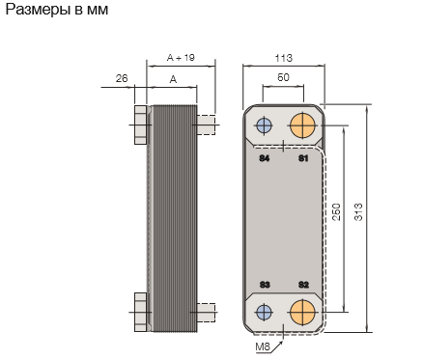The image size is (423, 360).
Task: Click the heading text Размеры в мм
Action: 57,10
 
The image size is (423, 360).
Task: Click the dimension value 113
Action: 284,58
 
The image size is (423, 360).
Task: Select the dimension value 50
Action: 283,77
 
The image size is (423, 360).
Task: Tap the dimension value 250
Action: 336,212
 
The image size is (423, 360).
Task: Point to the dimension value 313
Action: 358,212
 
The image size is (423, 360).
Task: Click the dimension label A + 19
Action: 181,58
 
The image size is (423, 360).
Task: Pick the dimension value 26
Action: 122,78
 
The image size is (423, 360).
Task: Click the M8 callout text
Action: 263,346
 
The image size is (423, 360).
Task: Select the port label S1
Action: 303,158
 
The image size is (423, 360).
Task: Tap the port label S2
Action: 303,285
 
